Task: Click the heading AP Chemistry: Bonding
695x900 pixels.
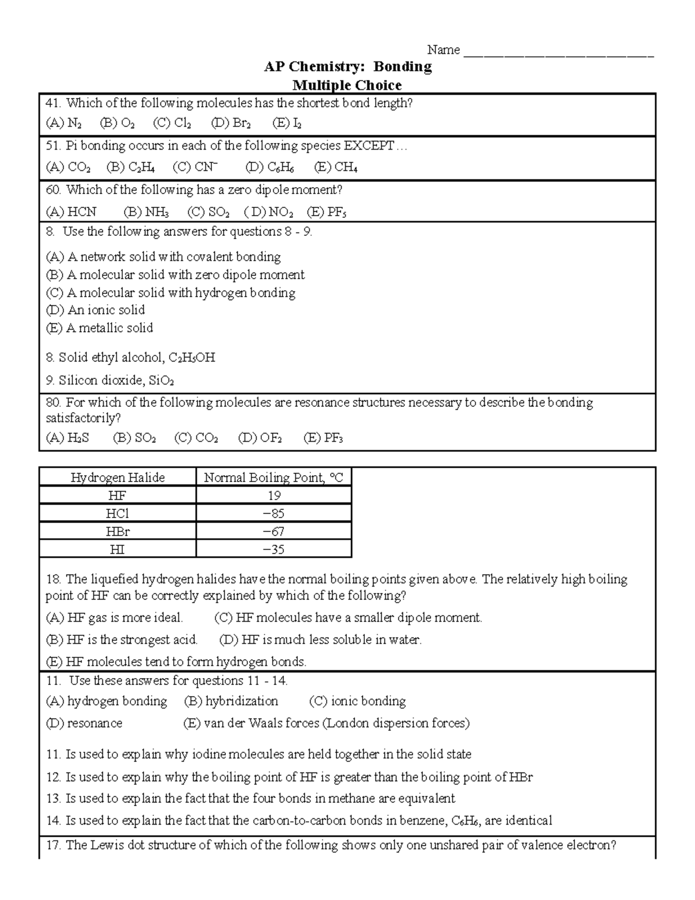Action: click(x=348, y=67)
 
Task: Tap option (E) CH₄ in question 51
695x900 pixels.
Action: click(x=335, y=167)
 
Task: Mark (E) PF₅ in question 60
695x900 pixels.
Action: click(x=327, y=212)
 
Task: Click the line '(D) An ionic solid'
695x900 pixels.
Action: click(x=96, y=310)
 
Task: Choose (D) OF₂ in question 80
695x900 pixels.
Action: click(x=260, y=438)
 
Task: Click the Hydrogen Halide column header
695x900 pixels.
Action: click(x=118, y=478)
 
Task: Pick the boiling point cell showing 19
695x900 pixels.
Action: click(x=274, y=495)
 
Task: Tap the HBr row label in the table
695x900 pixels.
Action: click(x=118, y=531)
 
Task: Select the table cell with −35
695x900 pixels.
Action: click(x=273, y=549)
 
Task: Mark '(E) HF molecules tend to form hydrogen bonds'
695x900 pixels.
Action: click(x=176, y=662)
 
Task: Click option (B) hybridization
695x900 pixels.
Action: click(x=231, y=701)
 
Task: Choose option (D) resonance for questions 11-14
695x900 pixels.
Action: click(x=84, y=723)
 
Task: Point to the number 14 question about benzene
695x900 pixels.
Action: click(x=298, y=821)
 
